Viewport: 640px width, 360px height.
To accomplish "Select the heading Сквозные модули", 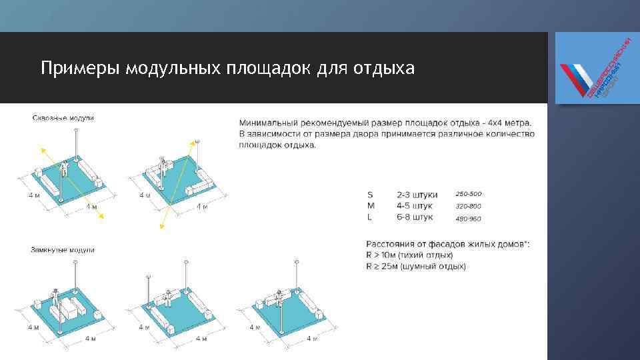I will tap(63, 118).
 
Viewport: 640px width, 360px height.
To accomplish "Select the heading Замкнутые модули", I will tap(63, 250).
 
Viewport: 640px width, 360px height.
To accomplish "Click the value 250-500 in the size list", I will tap(468, 194).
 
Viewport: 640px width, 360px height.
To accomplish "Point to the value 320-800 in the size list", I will tap(468, 206).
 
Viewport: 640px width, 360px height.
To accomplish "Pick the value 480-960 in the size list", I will tap(468, 218).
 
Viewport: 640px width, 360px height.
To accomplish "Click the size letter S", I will tap(370, 195).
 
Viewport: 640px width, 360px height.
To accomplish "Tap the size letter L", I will tap(369, 217).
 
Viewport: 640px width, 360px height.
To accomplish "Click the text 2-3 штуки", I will tap(417, 195).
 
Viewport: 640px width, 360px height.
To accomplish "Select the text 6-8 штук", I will tap(415, 217).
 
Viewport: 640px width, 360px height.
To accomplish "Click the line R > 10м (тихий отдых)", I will tap(409, 255).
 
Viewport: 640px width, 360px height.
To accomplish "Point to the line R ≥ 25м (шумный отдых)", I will tap(416, 267).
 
